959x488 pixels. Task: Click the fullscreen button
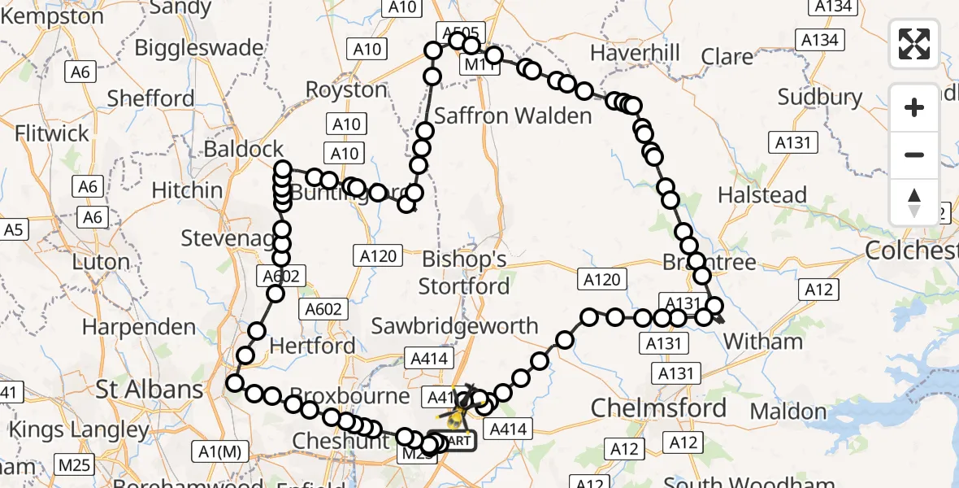914,43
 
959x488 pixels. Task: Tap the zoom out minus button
914,155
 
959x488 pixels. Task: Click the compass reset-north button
914,203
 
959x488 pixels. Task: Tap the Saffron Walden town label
513,115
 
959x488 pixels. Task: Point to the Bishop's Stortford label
464,272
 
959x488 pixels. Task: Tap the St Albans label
150,389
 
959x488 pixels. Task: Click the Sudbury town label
820,97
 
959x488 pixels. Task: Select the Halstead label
762,195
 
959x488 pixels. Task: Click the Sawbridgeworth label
455,326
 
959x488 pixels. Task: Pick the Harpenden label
139,328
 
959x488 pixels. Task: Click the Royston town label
346,89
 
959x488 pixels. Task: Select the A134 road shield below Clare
822,40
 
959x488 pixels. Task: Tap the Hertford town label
312,346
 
